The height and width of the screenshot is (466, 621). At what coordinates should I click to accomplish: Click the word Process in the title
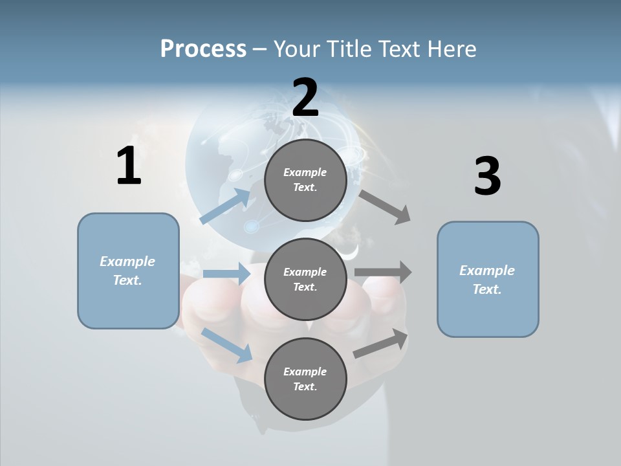pyautogui.click(x=203, y=49)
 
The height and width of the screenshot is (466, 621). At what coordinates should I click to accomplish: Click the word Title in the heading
pyautogui.click(x=350, y=49)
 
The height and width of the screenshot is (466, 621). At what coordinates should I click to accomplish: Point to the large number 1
pyautogui.click(x=129, y=166)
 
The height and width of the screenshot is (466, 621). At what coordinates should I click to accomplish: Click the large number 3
pyautogui.click(x=487, y=177)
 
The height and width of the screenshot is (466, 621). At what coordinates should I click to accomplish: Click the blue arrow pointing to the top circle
pyautogui.click(x=225, y=206)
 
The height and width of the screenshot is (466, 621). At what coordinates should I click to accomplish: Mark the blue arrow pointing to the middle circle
pyautogui.click(x=226, y=274)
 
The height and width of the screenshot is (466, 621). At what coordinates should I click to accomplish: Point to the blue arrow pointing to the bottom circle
pyautogui.click(x=227, y=345)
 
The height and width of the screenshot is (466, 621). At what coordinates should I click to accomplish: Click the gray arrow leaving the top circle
pyautogui.click(x=385, y=206)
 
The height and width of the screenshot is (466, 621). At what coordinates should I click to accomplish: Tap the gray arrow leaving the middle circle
pyautogui.click(x=383, y=272)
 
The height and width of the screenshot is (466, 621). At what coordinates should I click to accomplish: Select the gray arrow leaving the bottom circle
pyautogui.click(x=381, y=344)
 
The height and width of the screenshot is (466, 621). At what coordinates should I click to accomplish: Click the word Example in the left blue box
pyautogui.click(x=127, y=261)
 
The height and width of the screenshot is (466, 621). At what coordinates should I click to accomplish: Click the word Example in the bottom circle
pyautogui.click(x=305, y=372)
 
